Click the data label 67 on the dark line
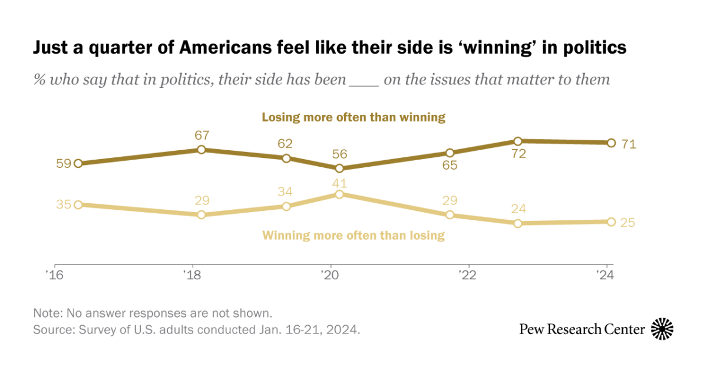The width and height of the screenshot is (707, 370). point(201,136)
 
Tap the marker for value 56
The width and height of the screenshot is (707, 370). point(339,168)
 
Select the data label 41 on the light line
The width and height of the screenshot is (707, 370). point(339,181)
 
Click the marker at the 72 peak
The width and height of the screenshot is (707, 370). point(518,141)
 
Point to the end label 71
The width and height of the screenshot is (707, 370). point(629,143)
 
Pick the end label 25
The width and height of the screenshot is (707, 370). point(629,223)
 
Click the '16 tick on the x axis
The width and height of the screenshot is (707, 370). point(55,276)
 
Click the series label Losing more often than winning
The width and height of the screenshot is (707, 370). point(353,117)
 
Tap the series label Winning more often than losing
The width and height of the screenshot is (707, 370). point(353,236)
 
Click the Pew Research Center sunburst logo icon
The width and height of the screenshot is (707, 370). point(662,329)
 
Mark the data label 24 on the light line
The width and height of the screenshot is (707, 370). point(518,209)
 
